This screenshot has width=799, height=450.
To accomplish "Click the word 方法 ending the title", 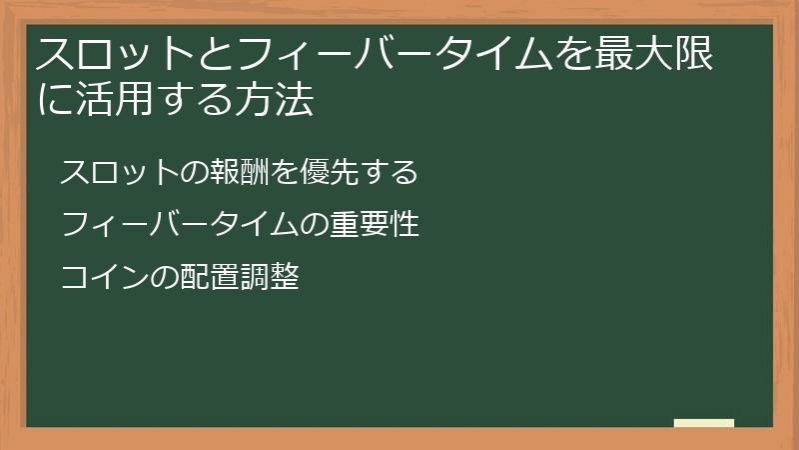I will (x=281, y=100).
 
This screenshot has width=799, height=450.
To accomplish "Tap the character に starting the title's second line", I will (x=52, y=100).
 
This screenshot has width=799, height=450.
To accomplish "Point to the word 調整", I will (x=269, y=277).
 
